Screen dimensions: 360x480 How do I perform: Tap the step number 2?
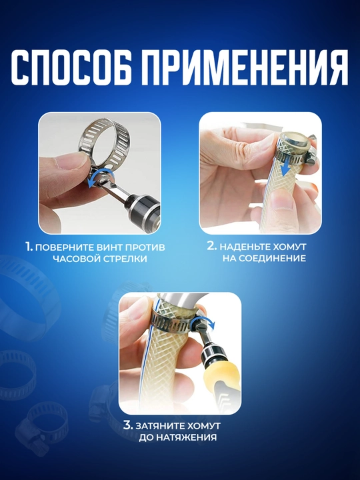[212, 246]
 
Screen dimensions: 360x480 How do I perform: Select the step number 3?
[128, 425]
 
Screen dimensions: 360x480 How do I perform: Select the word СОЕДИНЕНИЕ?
[272, 258]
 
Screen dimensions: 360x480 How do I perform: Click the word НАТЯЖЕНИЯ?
[187, 437]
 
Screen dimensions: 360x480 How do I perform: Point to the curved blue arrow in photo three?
[203, 320]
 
